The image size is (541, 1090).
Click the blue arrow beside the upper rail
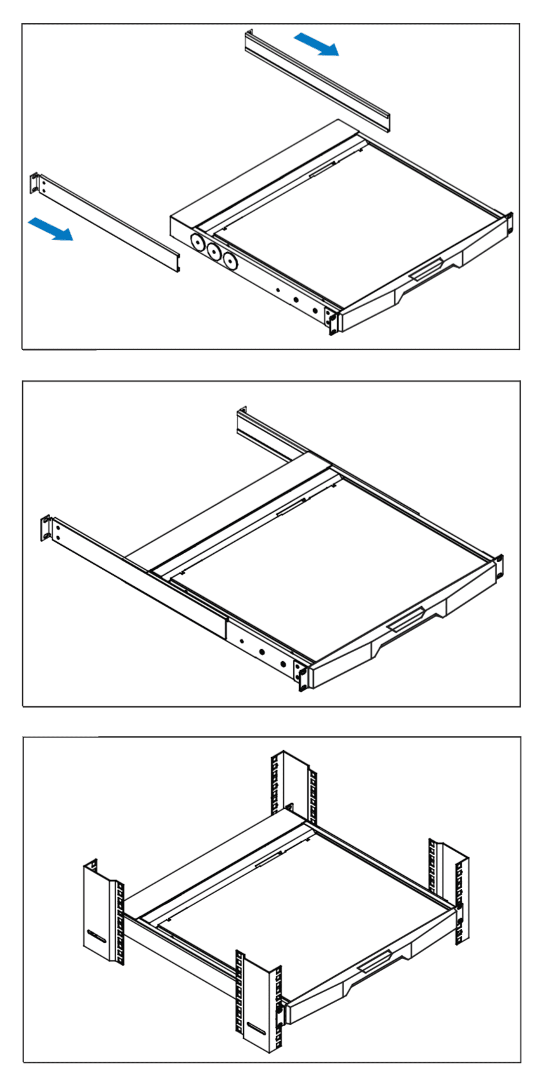click(x=316, y=45)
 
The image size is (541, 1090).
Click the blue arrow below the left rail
click(x=51, y=229)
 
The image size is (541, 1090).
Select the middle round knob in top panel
click(x=213, y=252)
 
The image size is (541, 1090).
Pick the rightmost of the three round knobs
click(x=229, y=261)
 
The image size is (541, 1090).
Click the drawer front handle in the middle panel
click(x=406, y=618)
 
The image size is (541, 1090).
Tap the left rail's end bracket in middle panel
click(x=46, y=528)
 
